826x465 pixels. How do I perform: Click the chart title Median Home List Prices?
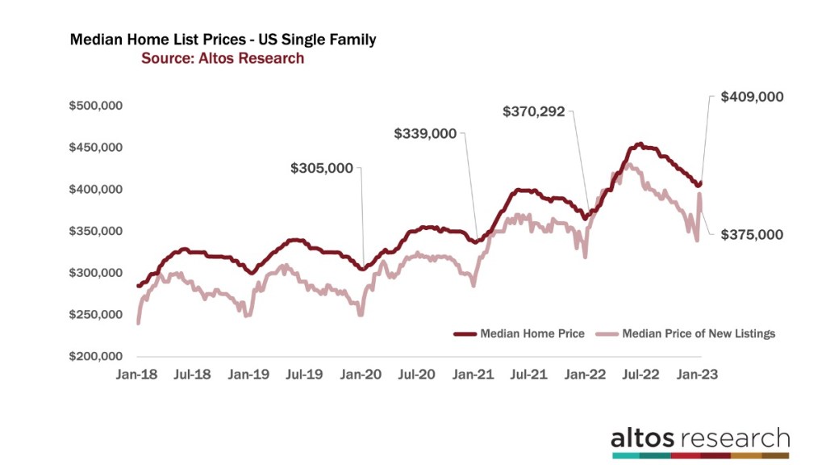223,40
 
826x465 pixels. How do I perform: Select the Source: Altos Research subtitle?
223,58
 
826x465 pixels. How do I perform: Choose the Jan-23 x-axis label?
696,375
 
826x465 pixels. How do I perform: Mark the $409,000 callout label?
746,97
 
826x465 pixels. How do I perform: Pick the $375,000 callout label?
746,234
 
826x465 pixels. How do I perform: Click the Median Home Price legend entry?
519,333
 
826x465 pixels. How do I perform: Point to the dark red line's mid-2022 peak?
639,145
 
